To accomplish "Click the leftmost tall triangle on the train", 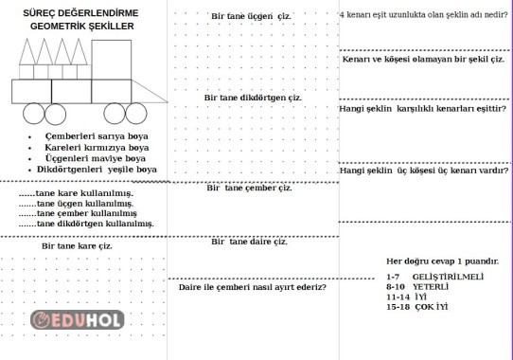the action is click(x=27, y=64).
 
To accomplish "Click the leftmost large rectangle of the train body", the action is click(x=29, y=90).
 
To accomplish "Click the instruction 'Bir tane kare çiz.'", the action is click(x=77, y=245).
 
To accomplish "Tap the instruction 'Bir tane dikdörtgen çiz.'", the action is click(x=253, y=98).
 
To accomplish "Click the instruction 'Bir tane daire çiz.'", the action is click(x=249, y=242).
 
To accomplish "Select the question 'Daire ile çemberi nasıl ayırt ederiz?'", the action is click(x=253, y=286).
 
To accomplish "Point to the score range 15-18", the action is click(x=398, y=306).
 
